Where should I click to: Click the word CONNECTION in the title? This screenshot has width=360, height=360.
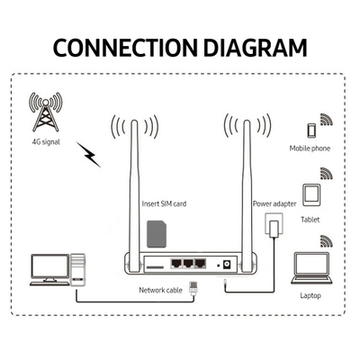[125, 48]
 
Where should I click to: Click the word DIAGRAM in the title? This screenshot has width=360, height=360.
[256, 48]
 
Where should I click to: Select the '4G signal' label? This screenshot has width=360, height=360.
[46, 142]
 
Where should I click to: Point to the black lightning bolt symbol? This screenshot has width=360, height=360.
[88, 155]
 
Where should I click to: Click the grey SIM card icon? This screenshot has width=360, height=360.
[157, 234]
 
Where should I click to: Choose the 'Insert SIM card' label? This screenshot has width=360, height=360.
[164, 204]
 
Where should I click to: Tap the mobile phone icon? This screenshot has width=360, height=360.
[311, 130]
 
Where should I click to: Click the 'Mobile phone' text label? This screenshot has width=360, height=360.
[310, 148]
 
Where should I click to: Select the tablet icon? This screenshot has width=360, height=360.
[311, 195]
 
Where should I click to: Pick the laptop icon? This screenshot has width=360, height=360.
[311, 268]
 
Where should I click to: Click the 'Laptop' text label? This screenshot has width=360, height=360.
[310, 296]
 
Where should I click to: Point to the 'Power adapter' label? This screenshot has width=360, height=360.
[274, 204]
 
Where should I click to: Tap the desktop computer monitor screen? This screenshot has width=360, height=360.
[50, 266]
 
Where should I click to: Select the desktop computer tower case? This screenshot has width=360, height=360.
[77, 270]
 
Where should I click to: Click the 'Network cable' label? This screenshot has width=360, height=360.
[160, 291]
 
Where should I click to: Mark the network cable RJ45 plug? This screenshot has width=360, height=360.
[193, 288]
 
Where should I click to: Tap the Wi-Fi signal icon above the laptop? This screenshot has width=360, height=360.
[327, 241]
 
